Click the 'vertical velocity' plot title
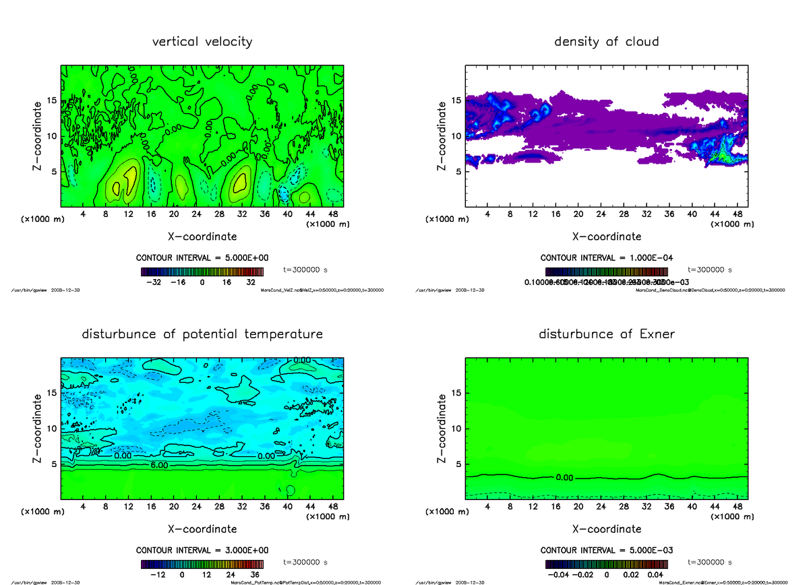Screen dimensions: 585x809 tap(202, 42)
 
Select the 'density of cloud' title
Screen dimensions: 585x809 tap(606, 42)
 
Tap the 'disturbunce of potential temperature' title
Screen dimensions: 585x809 tap(202, 334)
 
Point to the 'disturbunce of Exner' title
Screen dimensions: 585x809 tap(606, 334)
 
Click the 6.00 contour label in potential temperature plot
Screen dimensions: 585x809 tap(159, 466)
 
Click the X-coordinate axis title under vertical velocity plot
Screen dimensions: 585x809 tap(202, 237)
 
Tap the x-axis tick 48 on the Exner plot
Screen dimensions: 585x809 tap(737, 506)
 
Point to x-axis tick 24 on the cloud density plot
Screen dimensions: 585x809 tap(601, 214)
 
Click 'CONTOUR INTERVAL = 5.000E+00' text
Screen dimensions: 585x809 tap(202, 258)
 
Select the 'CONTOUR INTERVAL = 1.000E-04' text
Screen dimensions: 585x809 tap(606, 258)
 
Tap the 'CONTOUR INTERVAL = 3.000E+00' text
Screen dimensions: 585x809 tap(202, 550)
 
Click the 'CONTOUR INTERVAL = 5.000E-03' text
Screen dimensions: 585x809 tap(606, 550)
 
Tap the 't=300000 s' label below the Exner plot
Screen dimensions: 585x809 tap(709, 562)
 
